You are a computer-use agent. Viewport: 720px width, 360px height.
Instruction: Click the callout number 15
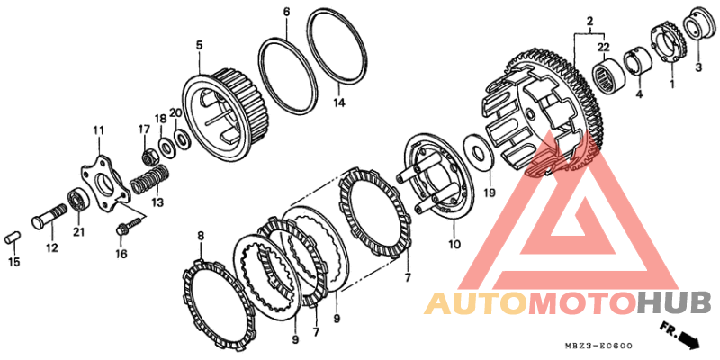(x=13, y=262)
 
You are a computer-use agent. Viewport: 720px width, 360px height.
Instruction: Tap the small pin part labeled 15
(x=13, y=238)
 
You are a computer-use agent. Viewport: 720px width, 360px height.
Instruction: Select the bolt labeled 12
(x=49, y=216)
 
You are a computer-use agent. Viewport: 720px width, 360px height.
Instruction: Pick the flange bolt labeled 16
(x=126, y=227)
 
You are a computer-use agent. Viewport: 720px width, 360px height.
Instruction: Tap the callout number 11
(x=99, y=130)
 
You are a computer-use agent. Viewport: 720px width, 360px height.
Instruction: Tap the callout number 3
(x=698, y=67)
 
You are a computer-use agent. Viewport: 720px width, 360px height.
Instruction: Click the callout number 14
(x=338, y=103)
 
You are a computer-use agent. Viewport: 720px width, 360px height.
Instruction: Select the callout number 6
(x=286, y=13)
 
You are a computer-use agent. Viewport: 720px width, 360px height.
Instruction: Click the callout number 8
(x=200, y=236)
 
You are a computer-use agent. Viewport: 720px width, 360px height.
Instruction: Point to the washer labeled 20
(x=183, y=138)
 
